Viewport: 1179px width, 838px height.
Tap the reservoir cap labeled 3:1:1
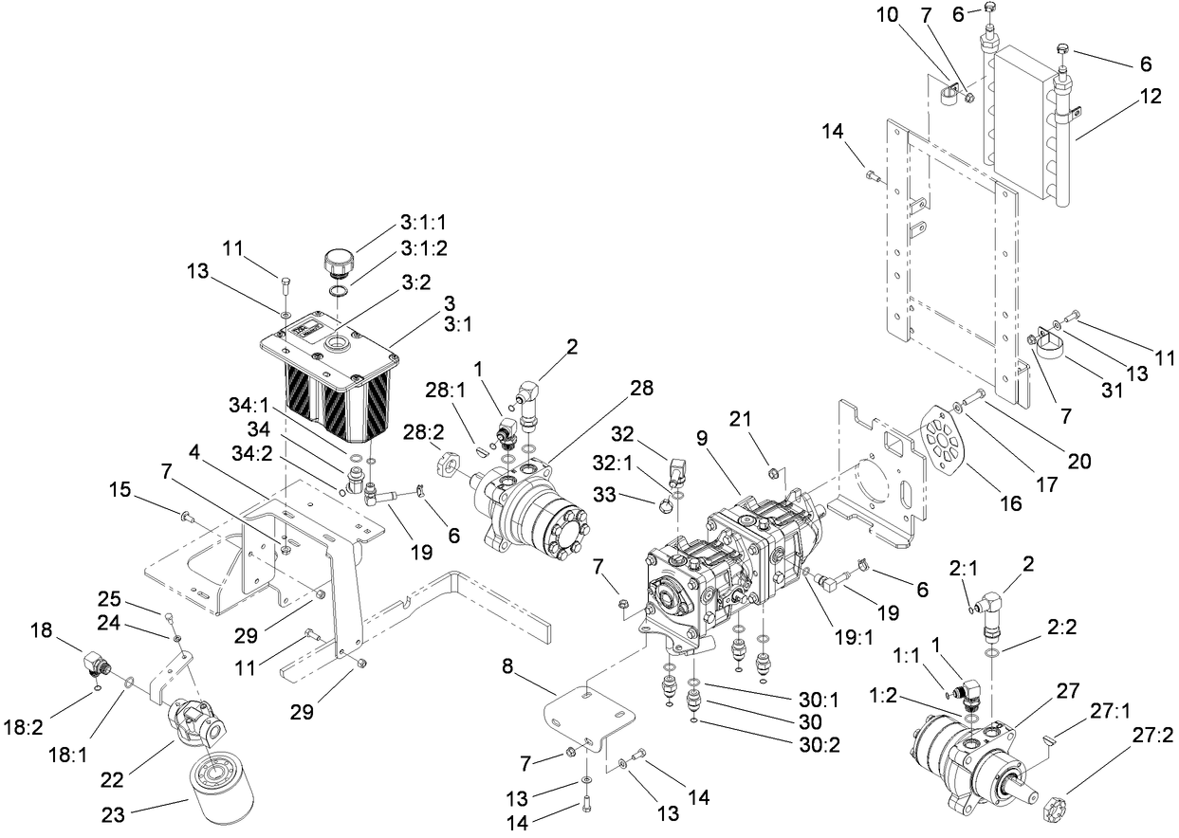pyautogui.click(x=338, y=260)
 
